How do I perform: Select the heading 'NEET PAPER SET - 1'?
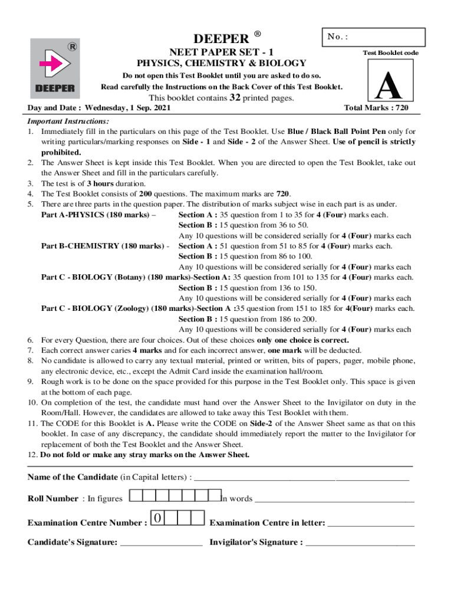pos(222,52)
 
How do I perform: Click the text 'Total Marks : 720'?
pos(376,109)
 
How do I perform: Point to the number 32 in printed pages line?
pos(235,97)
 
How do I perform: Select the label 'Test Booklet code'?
pos(390,53)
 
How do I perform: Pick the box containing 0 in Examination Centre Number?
pos(158,518)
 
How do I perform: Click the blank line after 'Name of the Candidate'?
pos(301,478)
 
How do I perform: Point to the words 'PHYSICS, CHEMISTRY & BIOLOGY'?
pos(222,63)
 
